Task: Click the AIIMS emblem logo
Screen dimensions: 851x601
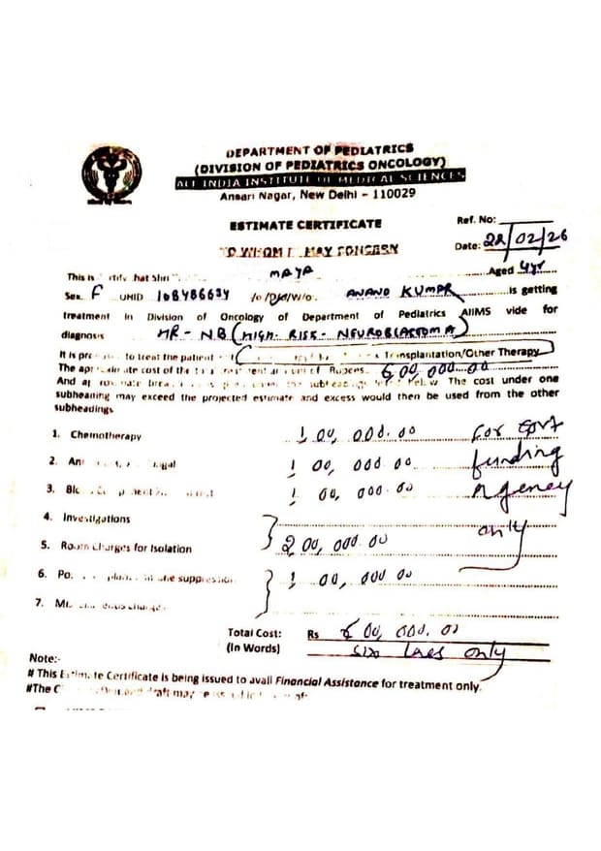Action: [111, 175]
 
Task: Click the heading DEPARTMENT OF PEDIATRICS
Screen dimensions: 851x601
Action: [319, 150]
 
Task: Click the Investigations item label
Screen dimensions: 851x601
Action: [96, 518]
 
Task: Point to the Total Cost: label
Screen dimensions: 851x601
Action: [254, 632]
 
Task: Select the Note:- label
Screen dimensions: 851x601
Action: [45, 658]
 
